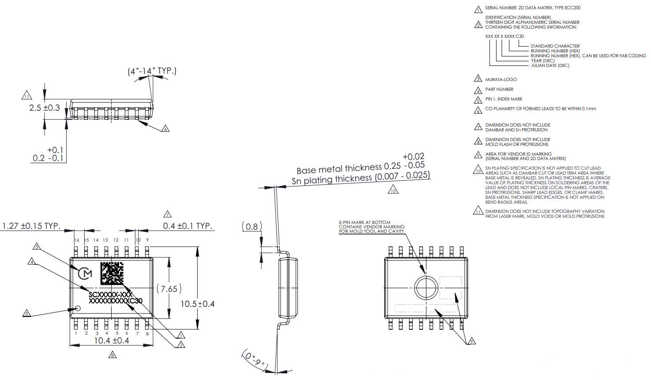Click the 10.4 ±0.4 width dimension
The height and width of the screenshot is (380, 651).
[111, 340]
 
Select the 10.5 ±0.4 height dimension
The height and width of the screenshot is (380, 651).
[198, 304]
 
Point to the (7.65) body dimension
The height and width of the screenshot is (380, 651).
[168, 289]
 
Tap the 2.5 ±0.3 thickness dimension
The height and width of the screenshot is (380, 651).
[45, 107]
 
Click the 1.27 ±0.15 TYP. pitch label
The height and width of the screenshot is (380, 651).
[31, 226]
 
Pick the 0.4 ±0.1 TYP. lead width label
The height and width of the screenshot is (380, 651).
[188, 226]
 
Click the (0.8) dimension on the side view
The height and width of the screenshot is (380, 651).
[251, 227]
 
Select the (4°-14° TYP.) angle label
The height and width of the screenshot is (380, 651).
[152, 71]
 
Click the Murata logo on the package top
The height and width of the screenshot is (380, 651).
[85, 274]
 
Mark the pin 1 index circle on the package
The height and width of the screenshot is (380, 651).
[79, 309]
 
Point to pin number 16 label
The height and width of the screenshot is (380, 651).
[77, 240]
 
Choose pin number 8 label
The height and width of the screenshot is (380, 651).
[147, 333]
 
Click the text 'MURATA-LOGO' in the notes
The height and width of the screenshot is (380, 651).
[501, 79]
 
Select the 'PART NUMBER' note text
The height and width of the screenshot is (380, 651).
[499, 89]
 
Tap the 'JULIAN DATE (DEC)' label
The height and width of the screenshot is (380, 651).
[550, 66]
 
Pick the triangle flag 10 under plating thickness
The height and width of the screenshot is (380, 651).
[393, 190]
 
